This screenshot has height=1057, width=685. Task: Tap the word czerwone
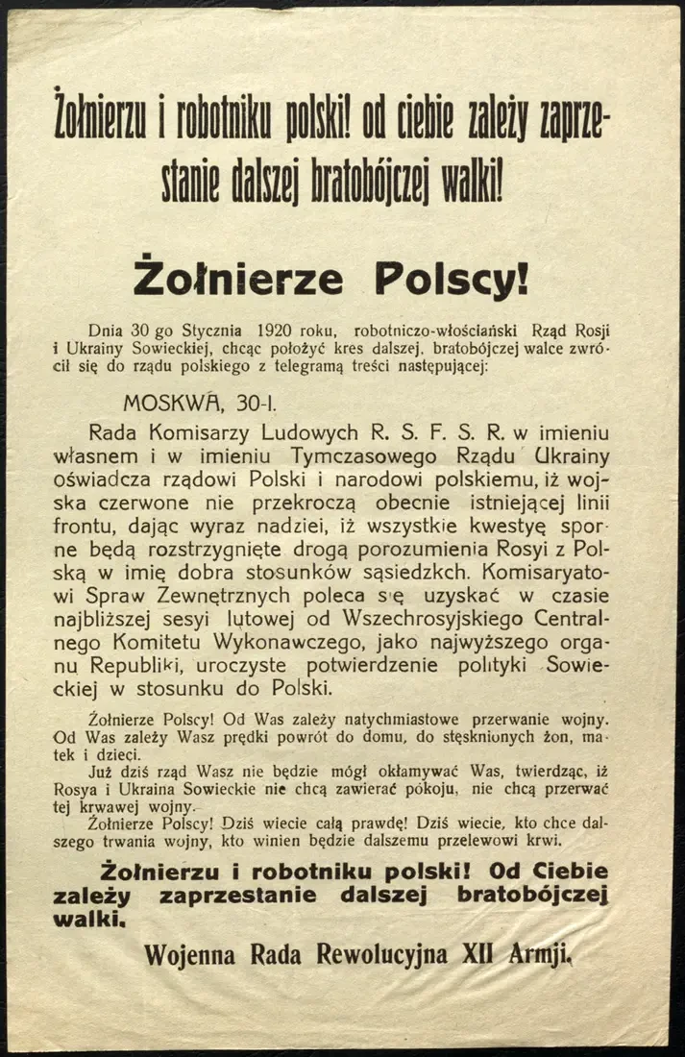click(182, 504)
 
